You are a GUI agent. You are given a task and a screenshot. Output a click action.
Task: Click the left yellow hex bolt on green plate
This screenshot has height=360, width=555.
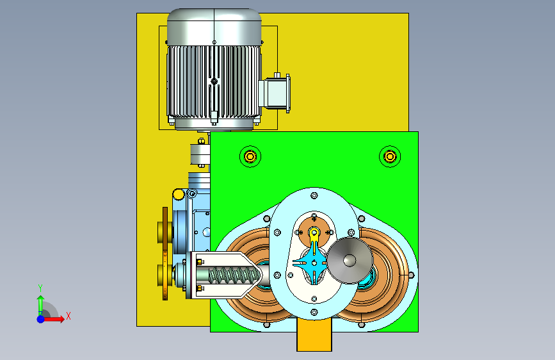(250, 156)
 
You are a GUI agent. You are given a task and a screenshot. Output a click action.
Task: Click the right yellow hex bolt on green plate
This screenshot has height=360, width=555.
(390, 156)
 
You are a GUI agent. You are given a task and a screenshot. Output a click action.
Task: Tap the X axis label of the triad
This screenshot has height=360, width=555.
(68, 316)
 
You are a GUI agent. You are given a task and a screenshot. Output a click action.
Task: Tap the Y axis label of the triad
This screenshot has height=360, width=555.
(40, 288)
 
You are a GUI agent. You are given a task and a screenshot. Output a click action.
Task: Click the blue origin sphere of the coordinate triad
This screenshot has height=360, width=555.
(41, 319)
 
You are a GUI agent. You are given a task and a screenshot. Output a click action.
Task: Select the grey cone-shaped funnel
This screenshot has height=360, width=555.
(350, 260)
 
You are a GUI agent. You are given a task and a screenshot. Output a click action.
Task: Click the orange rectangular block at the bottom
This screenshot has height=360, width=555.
(314, 335)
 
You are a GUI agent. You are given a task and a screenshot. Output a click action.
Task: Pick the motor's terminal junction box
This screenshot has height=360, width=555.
(276, 93)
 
